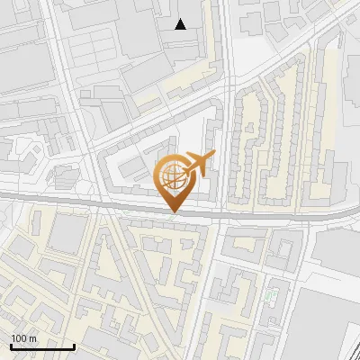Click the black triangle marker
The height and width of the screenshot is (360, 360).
pos(181,24)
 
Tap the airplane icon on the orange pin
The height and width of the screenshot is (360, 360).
pos(199,164)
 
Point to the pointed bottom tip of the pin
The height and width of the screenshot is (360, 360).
pos(174,212)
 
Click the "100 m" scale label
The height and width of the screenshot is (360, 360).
pos(23,337)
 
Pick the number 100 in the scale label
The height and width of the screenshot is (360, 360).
pos(19,337)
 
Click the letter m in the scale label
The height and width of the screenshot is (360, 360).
pos(32,337)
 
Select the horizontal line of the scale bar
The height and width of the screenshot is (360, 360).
pos(41,347)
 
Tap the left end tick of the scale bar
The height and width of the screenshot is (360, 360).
pos(10,346)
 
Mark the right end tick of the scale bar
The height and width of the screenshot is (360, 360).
pos(74,346)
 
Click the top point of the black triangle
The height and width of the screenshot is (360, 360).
pos(181,19)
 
